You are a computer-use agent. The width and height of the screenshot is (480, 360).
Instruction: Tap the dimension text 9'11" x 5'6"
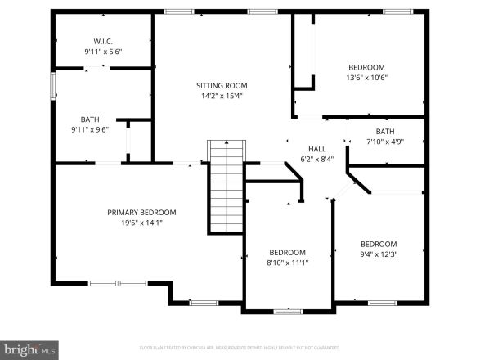click(x=102, y=52)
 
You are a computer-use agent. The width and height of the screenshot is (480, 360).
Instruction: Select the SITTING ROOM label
click(x=221, y=85)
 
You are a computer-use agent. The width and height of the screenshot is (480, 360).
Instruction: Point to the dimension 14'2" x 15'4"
click(x=221, y=96)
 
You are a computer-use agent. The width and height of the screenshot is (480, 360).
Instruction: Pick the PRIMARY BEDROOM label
click(x=141, y=212)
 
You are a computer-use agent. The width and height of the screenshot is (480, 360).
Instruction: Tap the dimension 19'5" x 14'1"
click(x=141, y=223)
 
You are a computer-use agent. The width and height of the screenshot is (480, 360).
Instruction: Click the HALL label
click(x=317, y=149)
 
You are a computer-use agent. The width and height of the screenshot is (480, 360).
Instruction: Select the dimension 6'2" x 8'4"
click(x=317, y=160)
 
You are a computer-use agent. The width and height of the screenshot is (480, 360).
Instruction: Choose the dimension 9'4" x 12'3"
click(x=379, y=254)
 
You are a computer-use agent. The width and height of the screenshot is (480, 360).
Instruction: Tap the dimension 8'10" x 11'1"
click(x=288, y=263)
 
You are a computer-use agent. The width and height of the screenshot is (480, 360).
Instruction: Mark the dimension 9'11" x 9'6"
click(x=89, y=130)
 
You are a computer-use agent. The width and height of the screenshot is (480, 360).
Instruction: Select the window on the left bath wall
click(x=53, y=86)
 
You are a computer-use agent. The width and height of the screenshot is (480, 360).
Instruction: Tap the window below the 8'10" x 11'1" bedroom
click(x=288, y=311)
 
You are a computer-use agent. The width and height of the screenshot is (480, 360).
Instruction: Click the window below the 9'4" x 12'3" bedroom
click(x=382, y=303)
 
